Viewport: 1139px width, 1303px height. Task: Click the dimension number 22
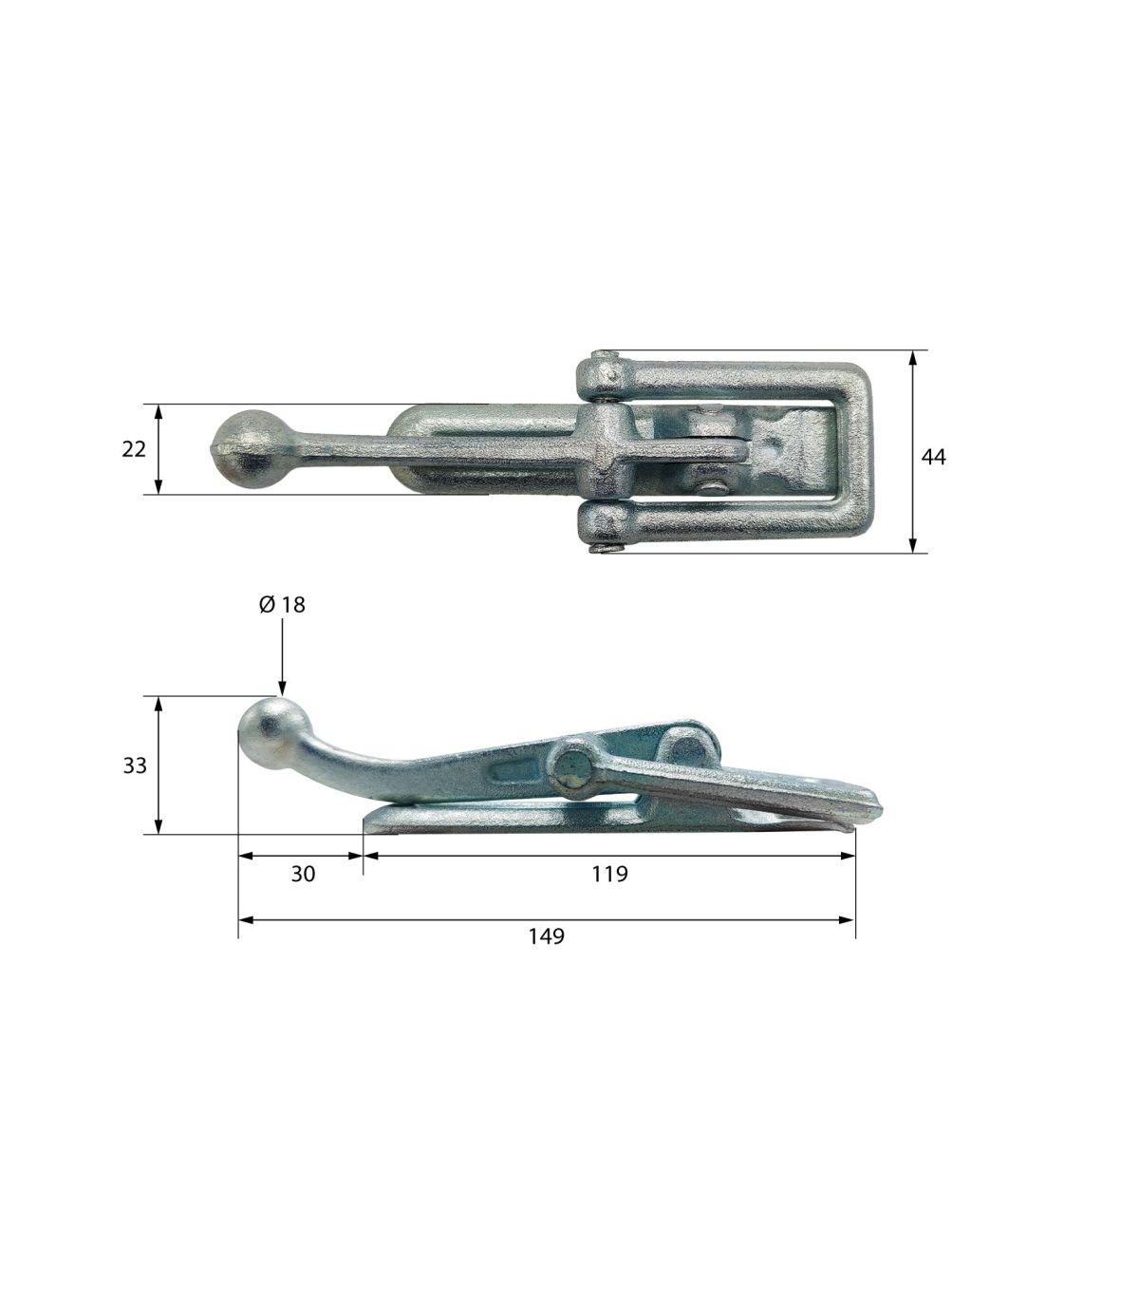(134, 449)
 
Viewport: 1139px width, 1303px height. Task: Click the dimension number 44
(933, 457)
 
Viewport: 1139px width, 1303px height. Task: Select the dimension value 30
(303, 874)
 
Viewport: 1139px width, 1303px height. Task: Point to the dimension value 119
(609, 874)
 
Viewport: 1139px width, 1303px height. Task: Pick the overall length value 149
(546, 936)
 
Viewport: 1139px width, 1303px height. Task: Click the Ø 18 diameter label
(282, 604)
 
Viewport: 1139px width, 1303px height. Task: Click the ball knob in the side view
(274, 732)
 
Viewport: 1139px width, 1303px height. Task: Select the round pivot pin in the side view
(570, 769)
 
